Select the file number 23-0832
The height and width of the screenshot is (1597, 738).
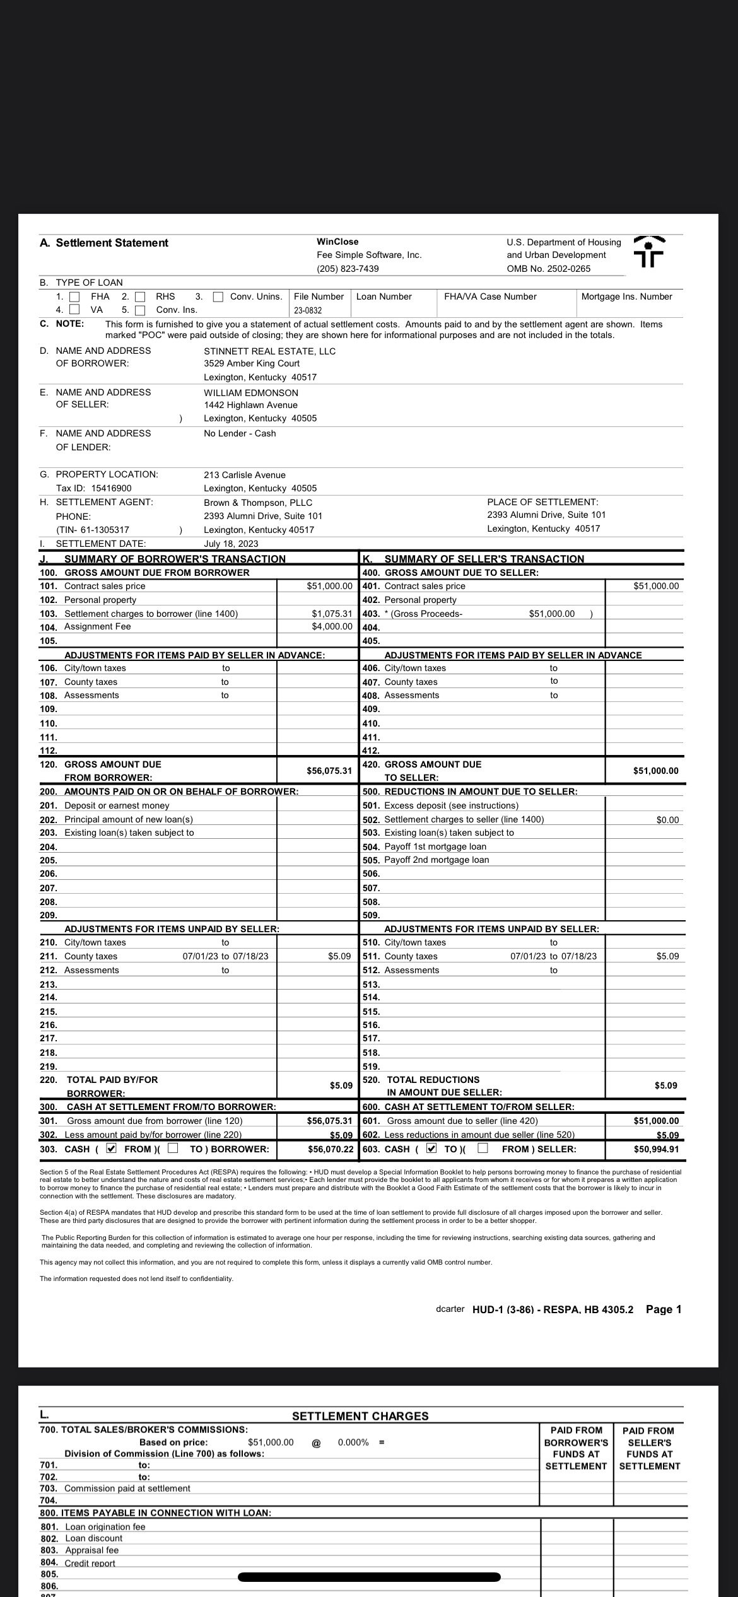point(308,310)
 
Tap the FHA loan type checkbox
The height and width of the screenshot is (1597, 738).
point(74,296)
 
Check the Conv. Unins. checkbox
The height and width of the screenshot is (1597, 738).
point(218,296)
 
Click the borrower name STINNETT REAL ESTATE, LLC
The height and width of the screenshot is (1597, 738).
point(269,351)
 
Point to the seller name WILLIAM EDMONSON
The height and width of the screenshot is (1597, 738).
point(250,392)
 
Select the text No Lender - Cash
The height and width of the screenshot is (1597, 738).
point(240,433)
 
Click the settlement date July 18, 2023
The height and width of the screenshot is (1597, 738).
point(230,544)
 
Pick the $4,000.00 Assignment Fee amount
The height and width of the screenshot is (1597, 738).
point(332,626)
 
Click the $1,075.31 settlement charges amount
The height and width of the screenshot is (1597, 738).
point(332,613)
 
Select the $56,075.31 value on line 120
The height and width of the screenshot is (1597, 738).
point(329,771)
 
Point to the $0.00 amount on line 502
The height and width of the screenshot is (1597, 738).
point(667,820)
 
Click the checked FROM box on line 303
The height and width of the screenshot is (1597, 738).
point(112,1149)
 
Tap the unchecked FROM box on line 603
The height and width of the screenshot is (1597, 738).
point(483,1149)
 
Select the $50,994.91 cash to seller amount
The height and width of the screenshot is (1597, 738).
point(656,1149)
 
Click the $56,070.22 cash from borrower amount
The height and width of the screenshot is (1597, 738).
point(331,1149)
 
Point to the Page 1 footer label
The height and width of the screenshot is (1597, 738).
point(664,1309)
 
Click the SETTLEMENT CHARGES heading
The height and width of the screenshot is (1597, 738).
point(360,1416)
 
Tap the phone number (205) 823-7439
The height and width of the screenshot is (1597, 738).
point(348,269)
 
